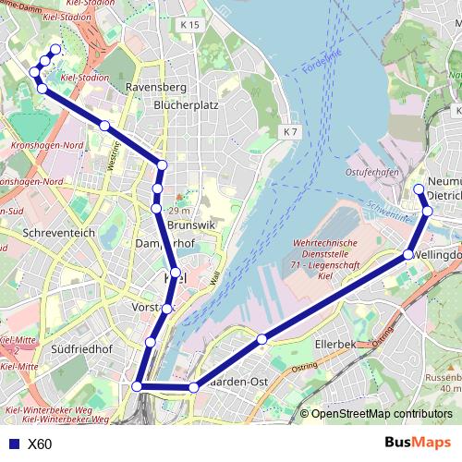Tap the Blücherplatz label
(x=186, y=105)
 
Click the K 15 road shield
(x=190, y=25)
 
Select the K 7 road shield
(x=291, y=132)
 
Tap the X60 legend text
(x=40, y=444)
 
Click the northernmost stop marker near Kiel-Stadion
(x=55, y=50)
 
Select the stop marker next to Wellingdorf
(x=408, y=254)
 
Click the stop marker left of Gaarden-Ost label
(x=194, y=388)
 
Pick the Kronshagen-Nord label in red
(x=46, y=146)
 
